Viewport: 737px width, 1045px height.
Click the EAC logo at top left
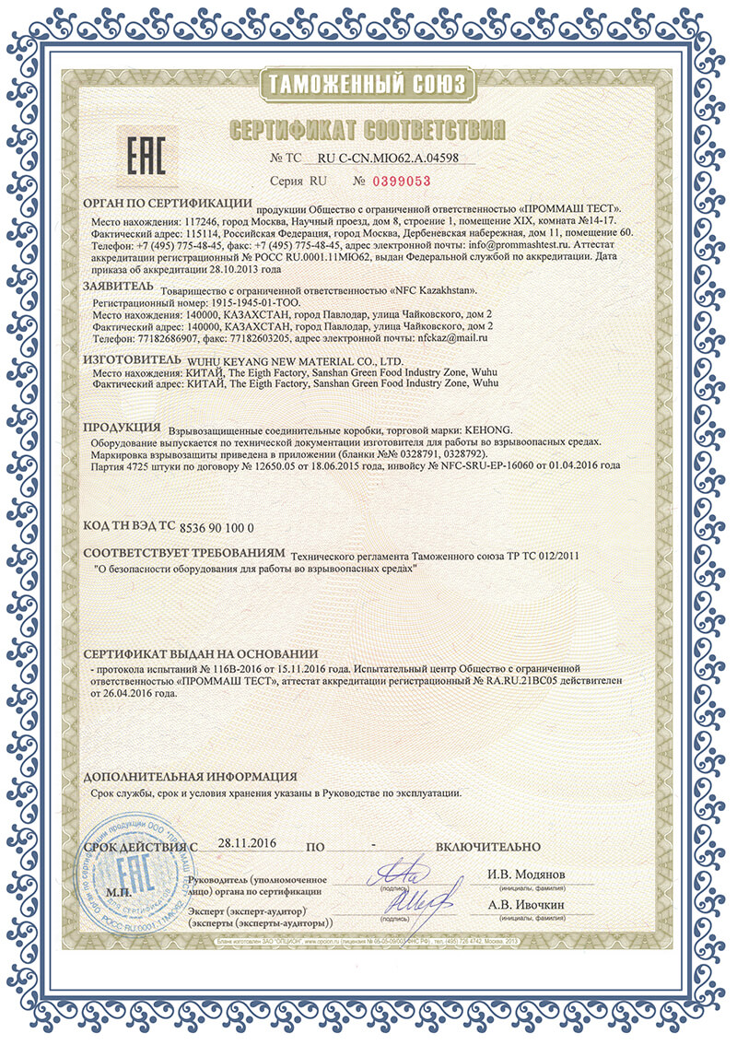(146, 156)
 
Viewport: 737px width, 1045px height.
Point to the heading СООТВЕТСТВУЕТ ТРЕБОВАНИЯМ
(183, 557)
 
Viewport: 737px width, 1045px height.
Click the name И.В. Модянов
(525, 873)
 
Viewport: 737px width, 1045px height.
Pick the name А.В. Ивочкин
(525, 905)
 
